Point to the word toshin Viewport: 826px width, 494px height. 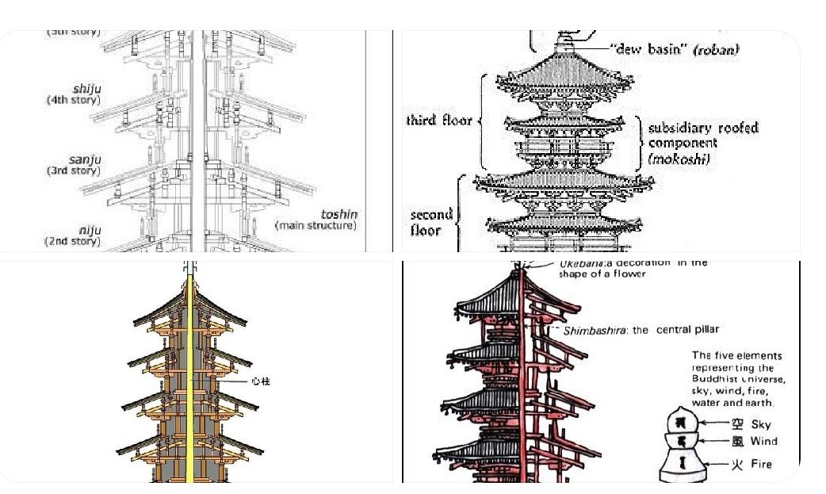coord(338,214)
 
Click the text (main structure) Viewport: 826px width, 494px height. coord(315,225)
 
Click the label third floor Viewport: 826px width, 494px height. coord(438,121)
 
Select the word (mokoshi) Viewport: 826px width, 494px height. coord(678,159)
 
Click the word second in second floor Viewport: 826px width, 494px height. coord(431,214)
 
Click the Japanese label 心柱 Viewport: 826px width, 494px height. coord(261,381)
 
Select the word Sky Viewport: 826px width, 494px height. coord(760,424)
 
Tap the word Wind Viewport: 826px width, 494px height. coord(763,442)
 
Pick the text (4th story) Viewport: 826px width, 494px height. coord(73,101)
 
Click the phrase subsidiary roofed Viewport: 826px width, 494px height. coord(703,128)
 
